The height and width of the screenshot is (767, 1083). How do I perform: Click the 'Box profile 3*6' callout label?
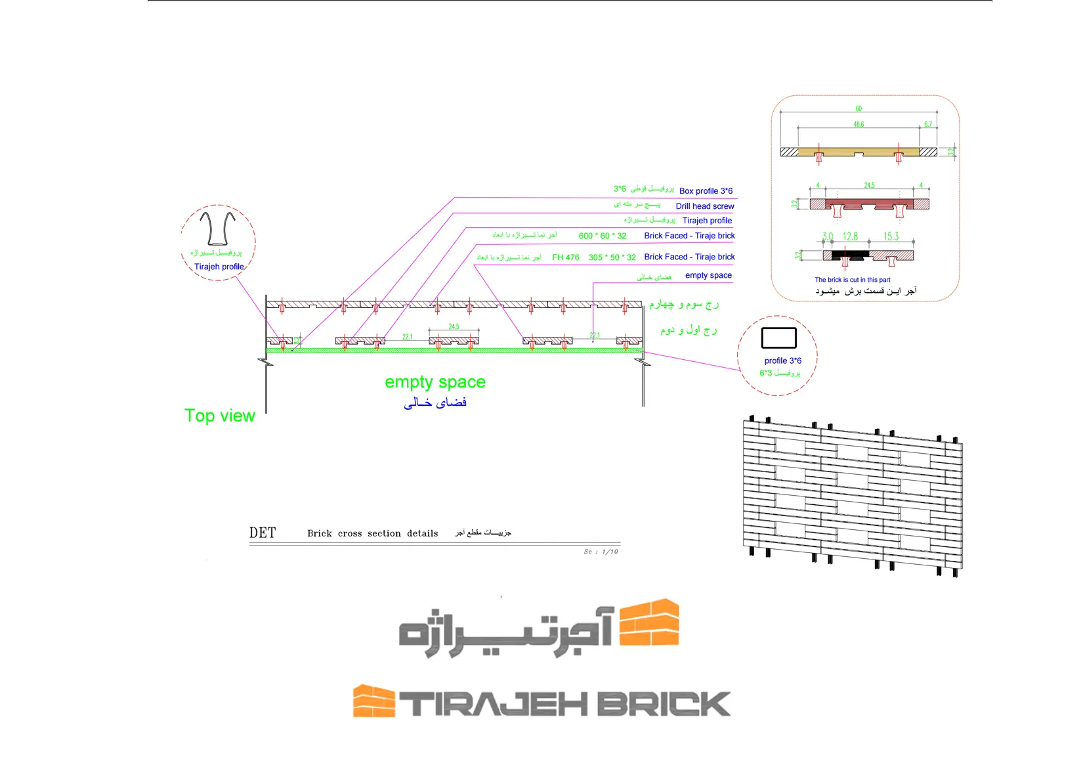pos(706,191)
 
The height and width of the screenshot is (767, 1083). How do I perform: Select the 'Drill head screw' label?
pos(705,206)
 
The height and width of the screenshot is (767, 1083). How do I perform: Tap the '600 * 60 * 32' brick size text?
pos(603,236)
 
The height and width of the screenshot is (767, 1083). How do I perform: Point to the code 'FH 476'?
pos(566,257)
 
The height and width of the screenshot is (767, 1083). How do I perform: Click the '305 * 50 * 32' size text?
pos(612,257)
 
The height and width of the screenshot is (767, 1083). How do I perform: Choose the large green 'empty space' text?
pos(435,382)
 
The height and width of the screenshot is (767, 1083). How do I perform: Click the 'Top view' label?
pos(219,416)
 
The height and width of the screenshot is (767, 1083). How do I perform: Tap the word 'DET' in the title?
pos(263,533)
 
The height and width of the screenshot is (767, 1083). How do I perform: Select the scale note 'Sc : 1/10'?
pos(601,552)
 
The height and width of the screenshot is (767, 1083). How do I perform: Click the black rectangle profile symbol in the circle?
pos(778,338)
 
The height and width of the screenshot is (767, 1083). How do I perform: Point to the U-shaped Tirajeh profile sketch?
pos(217,228)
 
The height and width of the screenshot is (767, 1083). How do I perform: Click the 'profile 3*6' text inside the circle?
pos(782,361)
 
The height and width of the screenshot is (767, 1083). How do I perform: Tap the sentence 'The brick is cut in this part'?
pos(852,280)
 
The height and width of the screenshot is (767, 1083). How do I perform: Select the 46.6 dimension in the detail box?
pos(859,124)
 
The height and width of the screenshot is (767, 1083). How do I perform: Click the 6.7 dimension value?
pos(928,124)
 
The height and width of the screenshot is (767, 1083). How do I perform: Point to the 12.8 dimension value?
pos(850,236)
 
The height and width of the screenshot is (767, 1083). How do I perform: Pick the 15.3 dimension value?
pos(891,236)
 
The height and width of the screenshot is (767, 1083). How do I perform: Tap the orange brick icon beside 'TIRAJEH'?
pos(373,701)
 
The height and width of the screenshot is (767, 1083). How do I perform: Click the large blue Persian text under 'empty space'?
pos(435,403)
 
